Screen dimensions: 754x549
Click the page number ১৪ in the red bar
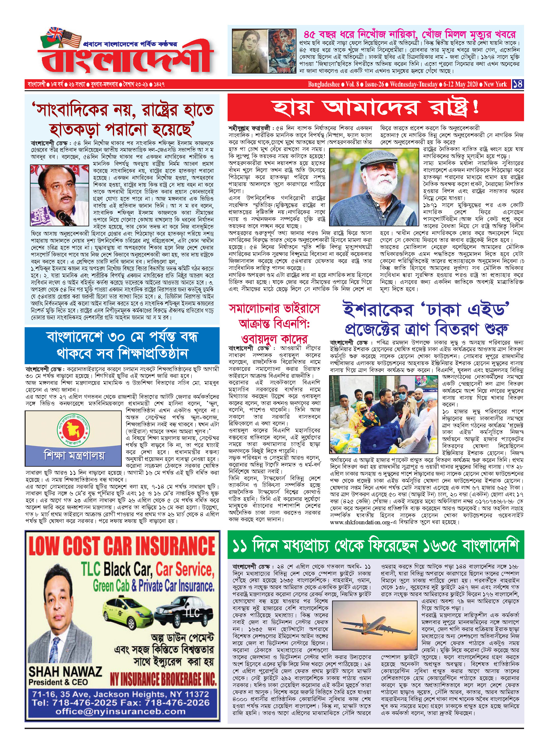coord(518,84)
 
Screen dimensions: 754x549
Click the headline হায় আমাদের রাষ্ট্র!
coord(375,107)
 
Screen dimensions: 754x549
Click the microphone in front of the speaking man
coord(65,218)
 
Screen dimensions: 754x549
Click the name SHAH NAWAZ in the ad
coord(65,671)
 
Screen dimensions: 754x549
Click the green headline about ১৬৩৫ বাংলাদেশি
coord(375,545)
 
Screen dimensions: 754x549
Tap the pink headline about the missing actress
coord(409,34)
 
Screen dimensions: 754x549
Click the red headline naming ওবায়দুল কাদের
coord(274,339)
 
